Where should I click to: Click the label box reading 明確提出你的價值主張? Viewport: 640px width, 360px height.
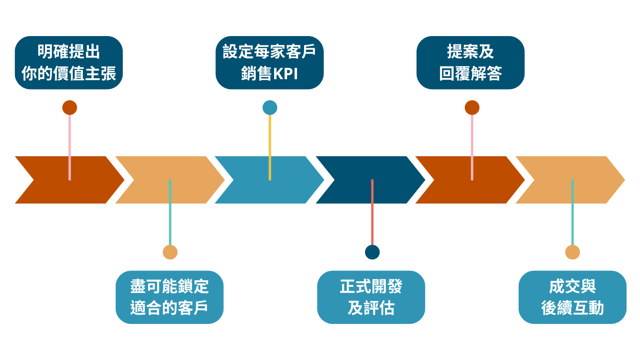(69, 62)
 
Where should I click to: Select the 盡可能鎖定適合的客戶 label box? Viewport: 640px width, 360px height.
(170, 297)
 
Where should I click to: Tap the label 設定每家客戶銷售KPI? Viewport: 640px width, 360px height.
(269, 62)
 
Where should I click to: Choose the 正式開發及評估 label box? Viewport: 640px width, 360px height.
(371, 297)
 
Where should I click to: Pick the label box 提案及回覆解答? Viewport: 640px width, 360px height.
(470, 62)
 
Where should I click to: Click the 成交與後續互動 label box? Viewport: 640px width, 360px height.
(572, 297)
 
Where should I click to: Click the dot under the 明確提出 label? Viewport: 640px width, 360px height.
(69, 108)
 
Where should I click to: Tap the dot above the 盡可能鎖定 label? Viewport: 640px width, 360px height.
(170, 252)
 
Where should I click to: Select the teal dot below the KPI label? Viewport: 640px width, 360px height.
(270, 108)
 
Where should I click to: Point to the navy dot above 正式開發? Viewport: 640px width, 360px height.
(372, 252)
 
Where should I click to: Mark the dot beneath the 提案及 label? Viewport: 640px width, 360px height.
(472, 108)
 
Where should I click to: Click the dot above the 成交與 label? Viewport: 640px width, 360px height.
(572, 252)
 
